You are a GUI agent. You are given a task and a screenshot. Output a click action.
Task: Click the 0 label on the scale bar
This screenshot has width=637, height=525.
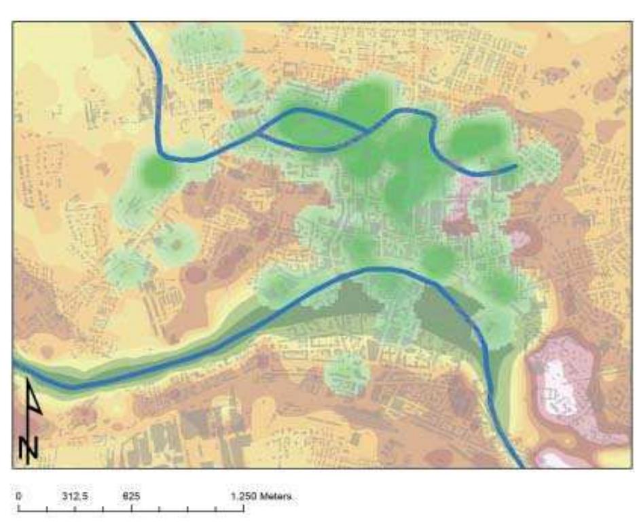(x=19, y=496)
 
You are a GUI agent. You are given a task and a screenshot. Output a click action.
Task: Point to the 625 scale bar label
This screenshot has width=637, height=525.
(x=131, y=496)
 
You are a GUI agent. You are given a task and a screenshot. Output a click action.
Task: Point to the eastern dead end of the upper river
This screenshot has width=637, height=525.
(x=515, y=165)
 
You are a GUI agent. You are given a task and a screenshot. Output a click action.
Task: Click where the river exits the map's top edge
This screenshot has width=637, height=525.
(x=132, y=24)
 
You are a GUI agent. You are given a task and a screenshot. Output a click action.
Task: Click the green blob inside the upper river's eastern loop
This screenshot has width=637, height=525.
(x=475, y=138)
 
